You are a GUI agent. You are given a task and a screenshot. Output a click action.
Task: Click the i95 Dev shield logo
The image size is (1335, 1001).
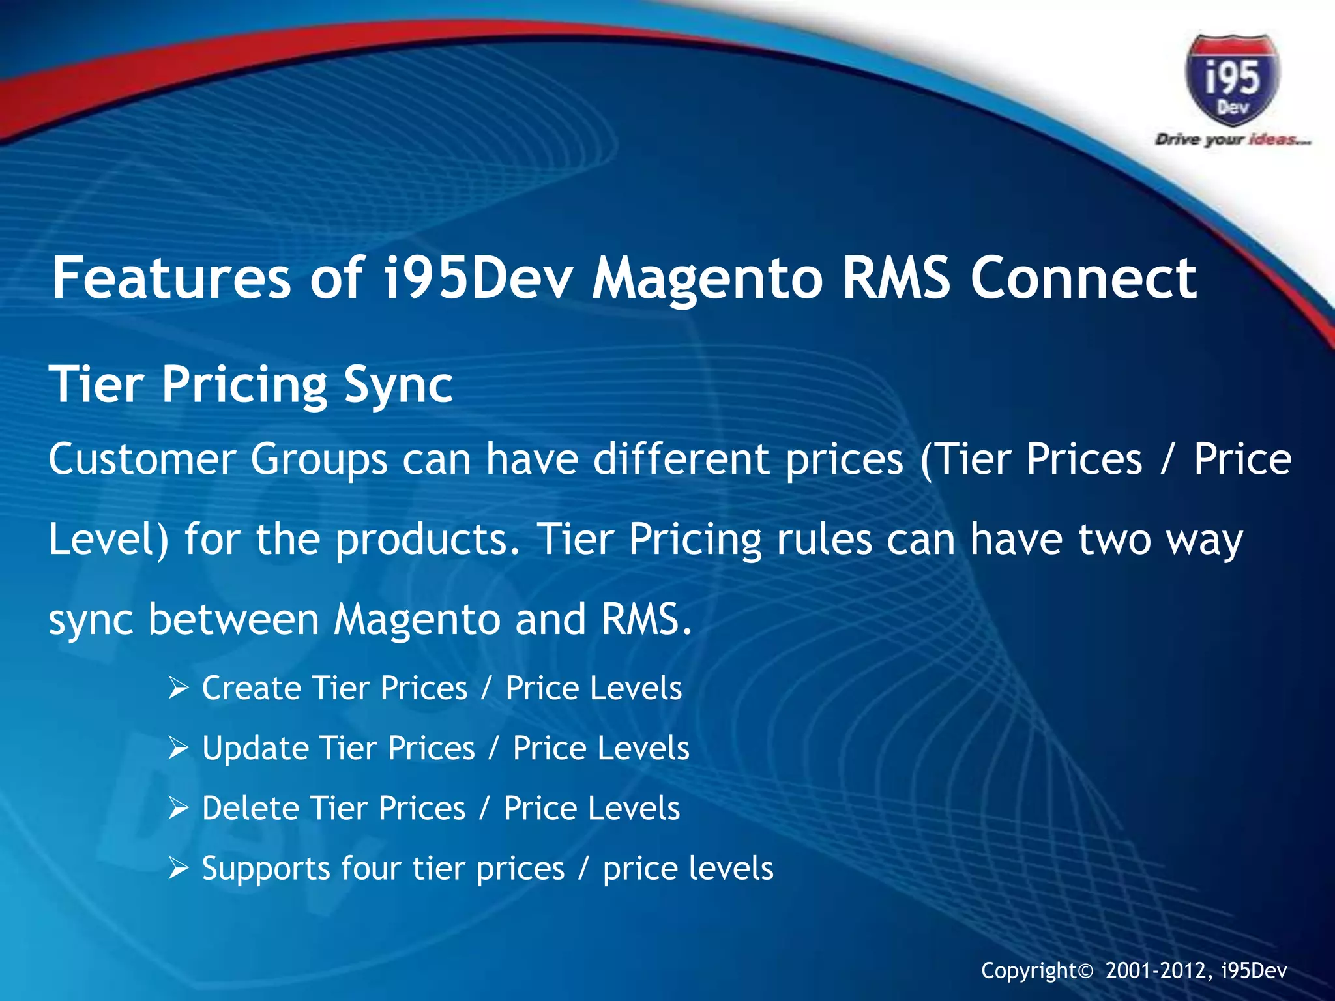[1232, 80]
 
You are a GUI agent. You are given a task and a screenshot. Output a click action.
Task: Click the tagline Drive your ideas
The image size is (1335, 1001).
[1233, 139]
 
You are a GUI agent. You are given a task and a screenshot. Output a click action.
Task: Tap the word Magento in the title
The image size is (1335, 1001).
[707, 278]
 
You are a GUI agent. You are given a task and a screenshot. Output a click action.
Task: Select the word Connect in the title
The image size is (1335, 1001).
[1083, 278]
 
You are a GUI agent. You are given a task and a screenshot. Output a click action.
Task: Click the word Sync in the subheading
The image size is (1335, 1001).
[398, 384]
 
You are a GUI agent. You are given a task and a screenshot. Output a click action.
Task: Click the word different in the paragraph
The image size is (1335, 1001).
[681, 459]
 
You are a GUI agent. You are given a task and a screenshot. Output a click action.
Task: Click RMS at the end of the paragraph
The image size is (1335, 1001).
[645, 619]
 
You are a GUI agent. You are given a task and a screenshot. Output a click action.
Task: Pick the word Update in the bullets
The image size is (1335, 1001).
[254, 748]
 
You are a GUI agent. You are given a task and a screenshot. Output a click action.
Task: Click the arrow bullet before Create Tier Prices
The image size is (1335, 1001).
[178, 688]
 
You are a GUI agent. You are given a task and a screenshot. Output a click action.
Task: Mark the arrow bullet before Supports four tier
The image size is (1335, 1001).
[178, 869]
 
